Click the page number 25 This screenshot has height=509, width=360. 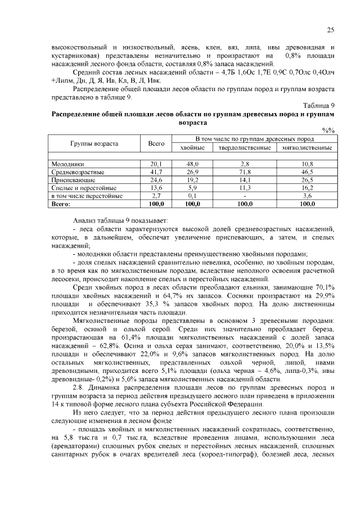(331, 30)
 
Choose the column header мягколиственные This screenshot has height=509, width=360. (307, 147)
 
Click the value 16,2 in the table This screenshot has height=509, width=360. (307, 188)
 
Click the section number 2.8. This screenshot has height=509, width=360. (80, 388)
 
